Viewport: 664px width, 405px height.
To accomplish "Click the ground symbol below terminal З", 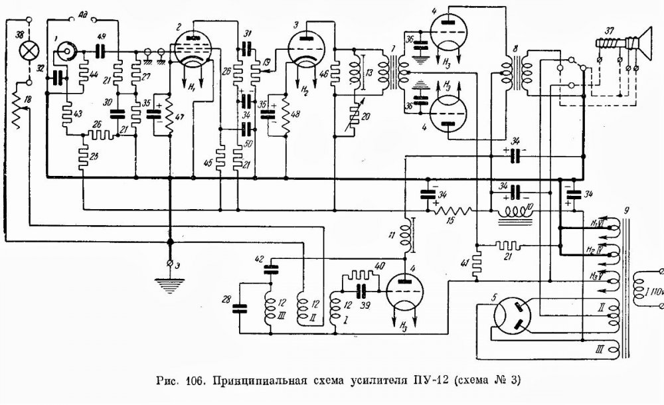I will [x=170, y=282].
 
